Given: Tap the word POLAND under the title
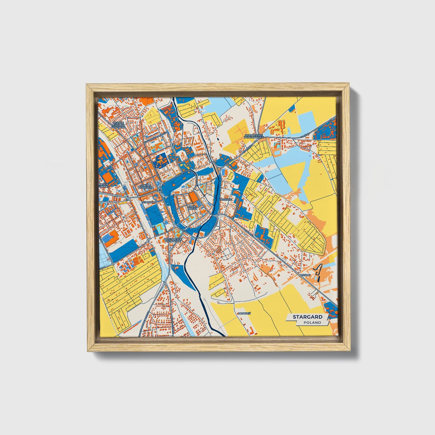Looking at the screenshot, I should coord(312,322).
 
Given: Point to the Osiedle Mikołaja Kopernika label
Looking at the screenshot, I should coord(118,125).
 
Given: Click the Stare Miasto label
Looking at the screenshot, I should coord(192,208).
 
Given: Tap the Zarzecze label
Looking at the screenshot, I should coord(225,199).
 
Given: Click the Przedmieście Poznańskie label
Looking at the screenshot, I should coord(173,240).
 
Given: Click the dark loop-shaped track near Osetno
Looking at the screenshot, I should coord(318,271).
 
